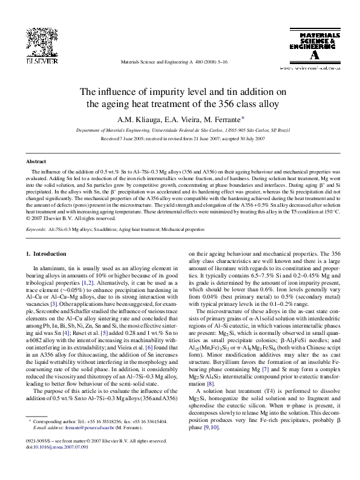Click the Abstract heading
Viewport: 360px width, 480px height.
(x=36, y=162)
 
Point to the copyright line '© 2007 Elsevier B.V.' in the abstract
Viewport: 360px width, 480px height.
(x=56, y=218)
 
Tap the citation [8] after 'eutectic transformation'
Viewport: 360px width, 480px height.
(x=210, y=384)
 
